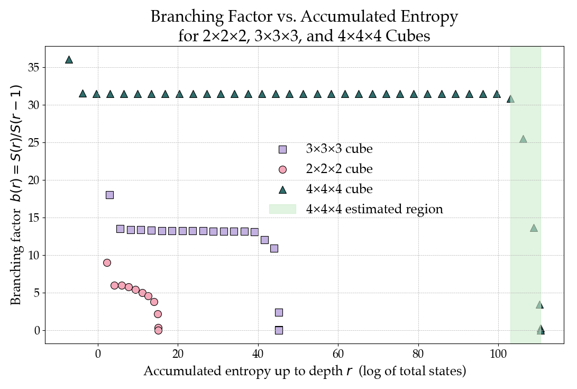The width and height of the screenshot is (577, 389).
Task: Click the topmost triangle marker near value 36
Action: (x=69, y=60)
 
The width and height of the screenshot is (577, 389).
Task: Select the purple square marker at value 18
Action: (x=109, y=195)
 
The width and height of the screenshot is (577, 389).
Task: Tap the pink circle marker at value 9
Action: (x=107, y=263)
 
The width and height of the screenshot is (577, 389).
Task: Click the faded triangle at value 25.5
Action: (x=523, y=139)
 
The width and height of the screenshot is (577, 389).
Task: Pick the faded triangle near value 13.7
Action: (x=534, y=228)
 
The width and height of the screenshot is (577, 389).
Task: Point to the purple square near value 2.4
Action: (x=279, y=312)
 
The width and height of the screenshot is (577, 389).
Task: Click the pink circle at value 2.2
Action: (x=158, y=314)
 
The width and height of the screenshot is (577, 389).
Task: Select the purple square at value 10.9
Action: (x=274, y=248)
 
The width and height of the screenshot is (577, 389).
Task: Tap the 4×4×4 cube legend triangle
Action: (x=282, y=189)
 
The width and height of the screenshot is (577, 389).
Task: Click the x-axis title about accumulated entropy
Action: (x=305, y=372)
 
